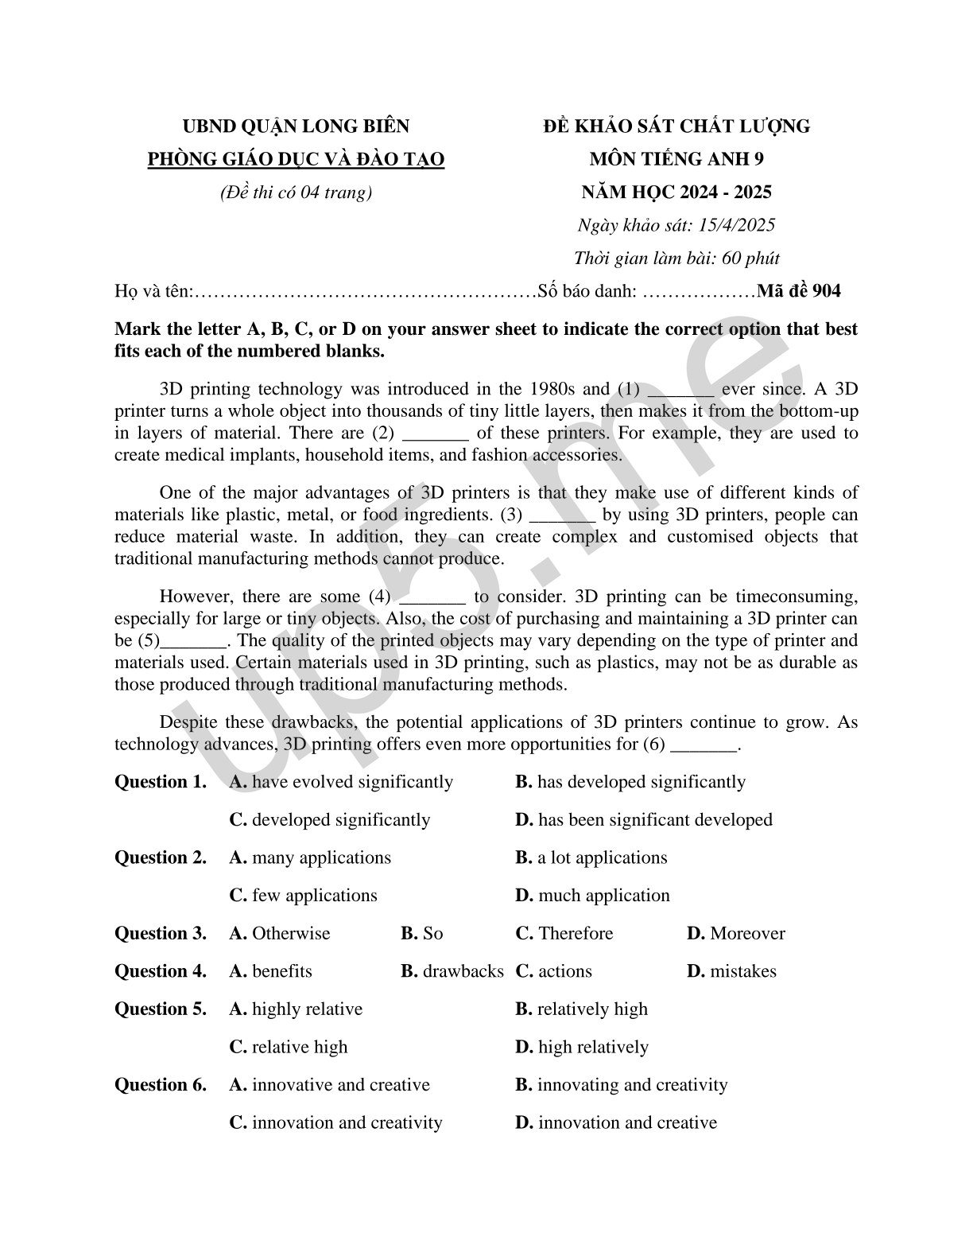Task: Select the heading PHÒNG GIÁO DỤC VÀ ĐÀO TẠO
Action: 296,159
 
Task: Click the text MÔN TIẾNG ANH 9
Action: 676,159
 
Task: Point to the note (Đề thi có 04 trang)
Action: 296,192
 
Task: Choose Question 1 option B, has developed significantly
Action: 630,782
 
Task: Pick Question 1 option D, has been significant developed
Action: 644,820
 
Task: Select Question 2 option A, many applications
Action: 310,857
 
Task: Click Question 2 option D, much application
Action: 592,896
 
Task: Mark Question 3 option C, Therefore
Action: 564,933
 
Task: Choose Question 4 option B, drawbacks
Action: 452,971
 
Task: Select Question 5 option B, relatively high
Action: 582,1009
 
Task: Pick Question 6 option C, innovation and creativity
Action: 336,1123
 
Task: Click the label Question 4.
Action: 161,971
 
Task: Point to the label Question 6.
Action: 161,1085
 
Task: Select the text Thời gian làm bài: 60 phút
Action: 676,259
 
